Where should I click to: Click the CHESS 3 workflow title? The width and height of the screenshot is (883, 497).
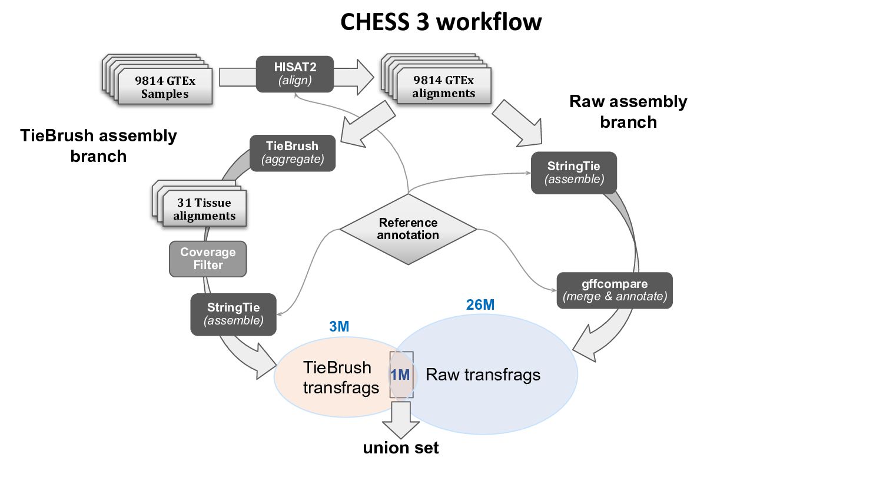pos(441,22)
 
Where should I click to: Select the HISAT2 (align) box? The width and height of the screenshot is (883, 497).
pos(295,74)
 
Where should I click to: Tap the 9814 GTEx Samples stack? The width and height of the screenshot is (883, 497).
pos(161,83)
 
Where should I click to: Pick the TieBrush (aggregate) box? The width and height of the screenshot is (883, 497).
pos(293,153)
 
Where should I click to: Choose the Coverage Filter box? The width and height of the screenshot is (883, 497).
pos(208,259)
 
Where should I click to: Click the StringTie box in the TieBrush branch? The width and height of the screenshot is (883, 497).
pos(234,314)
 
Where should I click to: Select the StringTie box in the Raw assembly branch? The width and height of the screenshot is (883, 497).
pos(574,173)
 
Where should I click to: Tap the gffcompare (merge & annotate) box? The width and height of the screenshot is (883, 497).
pos(615,290)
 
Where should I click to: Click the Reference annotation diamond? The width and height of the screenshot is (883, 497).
pos(408,229)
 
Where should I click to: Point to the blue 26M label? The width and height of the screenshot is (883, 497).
pos(480,304)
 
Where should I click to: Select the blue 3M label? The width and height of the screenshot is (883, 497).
pos(339,327)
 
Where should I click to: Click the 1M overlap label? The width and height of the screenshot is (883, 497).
pos(400,375)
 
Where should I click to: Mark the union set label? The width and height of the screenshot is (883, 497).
pos(401,448)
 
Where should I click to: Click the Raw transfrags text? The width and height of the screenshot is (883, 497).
pos(483,375)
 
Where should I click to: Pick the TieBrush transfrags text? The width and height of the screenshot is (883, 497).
pos(341,377)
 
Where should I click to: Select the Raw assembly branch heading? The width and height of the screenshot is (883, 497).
pos(628,112)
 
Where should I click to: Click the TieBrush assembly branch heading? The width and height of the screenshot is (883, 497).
pos(98,145)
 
